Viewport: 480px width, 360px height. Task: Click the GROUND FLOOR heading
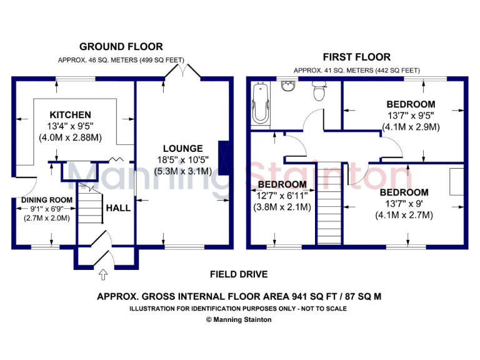click(x=121, y=47)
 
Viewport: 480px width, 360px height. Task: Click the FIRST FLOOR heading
click(x=357, y=57)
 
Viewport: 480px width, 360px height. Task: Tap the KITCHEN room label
click(x=71, y=115)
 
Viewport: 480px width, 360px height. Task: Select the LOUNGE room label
click(x=182, y=148)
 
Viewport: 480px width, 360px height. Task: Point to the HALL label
click(x=118, y=207)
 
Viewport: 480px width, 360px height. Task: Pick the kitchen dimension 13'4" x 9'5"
click(x=71, y=126)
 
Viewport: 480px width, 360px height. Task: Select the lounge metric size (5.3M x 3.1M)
click(x=182, y=171)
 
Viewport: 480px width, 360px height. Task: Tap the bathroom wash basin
click(x=288, y=87)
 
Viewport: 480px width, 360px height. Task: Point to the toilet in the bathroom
click(x=319, y=92)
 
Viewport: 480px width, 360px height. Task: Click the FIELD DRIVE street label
click(x=239, y=274)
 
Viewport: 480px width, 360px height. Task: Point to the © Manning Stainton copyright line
click(x=239, y=319)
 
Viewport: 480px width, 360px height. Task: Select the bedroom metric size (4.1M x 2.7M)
click(x=404, y=215)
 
